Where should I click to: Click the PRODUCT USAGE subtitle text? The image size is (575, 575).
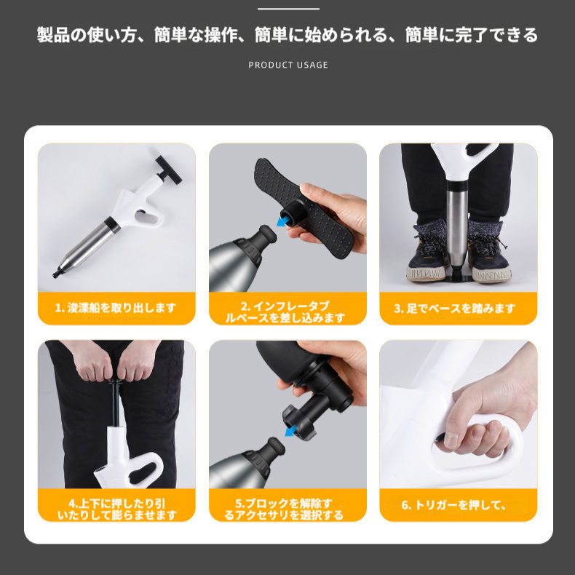(288, 65)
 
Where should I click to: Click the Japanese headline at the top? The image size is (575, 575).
(287, 35)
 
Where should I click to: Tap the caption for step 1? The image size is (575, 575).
(116, 308)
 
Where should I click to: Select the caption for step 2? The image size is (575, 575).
(287, 312)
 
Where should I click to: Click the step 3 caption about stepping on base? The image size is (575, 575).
(458, 308)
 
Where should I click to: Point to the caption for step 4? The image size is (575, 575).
(116, 509)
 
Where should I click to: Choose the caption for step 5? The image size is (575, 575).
(287, 509)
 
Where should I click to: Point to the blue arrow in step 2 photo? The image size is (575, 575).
(282, 220)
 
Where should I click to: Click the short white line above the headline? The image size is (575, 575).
(288, 9)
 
